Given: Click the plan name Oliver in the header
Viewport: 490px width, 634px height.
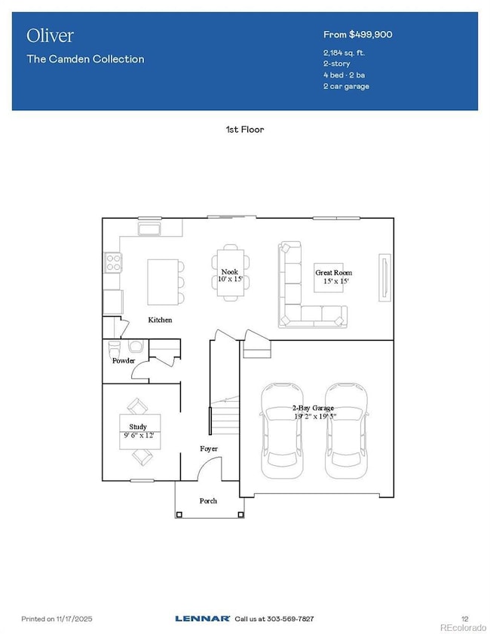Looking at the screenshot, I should click(x=51, y=35).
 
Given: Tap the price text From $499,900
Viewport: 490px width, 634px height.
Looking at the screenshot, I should click(x=357, y=35).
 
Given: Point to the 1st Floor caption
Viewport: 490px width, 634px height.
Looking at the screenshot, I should click(x=245, y=130).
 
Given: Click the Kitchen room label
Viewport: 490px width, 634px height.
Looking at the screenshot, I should click(x=160, y=320).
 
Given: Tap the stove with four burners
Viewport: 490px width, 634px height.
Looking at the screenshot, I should click(x=113, y=262).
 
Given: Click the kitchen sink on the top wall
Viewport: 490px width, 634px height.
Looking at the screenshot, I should click(x=149, y=227).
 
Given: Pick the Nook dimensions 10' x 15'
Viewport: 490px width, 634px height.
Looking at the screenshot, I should click(x=229, y=280).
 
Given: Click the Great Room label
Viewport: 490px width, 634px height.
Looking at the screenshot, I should click(x=333, y=273).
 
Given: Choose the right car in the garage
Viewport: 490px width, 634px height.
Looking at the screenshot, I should click(x=346, y=430).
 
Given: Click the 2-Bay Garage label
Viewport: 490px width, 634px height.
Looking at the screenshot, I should click(x=314, y=408).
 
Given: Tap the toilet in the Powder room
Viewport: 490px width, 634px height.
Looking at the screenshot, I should click(x=115, y=351).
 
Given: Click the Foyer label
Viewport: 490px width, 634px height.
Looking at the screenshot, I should click(x=209, y=449).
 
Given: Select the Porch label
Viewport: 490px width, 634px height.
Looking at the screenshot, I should click(x=208, y=501).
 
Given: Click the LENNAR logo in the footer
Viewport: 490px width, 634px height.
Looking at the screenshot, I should click(x=202, y=619).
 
